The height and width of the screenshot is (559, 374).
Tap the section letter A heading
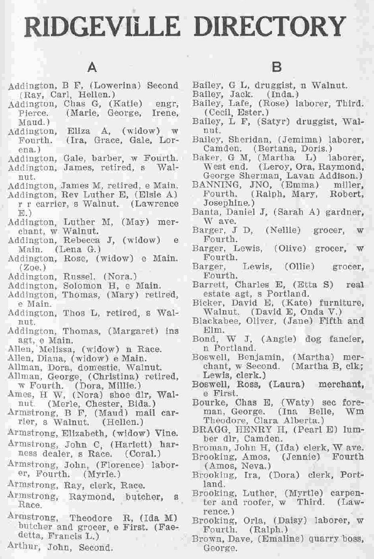pos(92,67)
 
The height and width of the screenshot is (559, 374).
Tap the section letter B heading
pos(277,67)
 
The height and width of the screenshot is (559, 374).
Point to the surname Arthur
pos(21,547)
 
